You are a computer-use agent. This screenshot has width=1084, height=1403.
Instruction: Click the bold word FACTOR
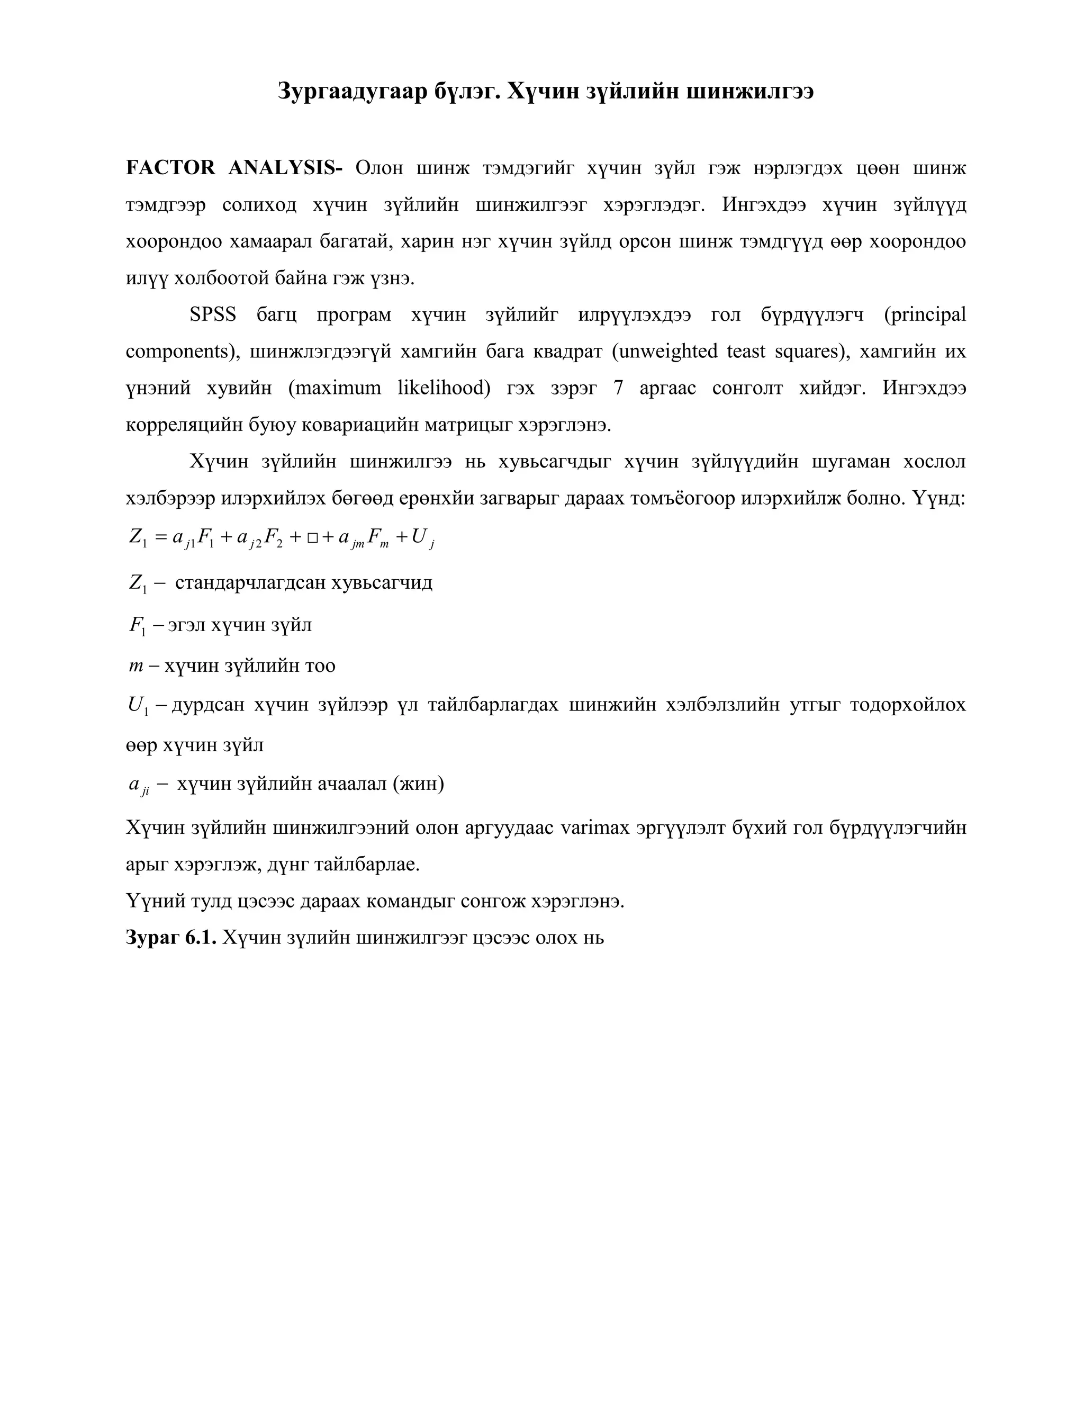click(170, 168)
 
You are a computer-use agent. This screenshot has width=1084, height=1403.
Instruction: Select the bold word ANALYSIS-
click(285, 168)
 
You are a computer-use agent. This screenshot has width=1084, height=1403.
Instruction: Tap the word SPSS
click(213, 315)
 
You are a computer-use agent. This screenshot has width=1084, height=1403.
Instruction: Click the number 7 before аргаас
click(618, 389)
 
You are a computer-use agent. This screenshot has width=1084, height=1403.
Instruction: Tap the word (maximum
click(335, 389)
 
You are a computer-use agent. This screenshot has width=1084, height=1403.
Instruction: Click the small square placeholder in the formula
click(312, 538)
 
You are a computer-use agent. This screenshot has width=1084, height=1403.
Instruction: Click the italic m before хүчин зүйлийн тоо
click(135, 666)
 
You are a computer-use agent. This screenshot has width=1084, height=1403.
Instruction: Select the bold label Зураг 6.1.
click(171, 938)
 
